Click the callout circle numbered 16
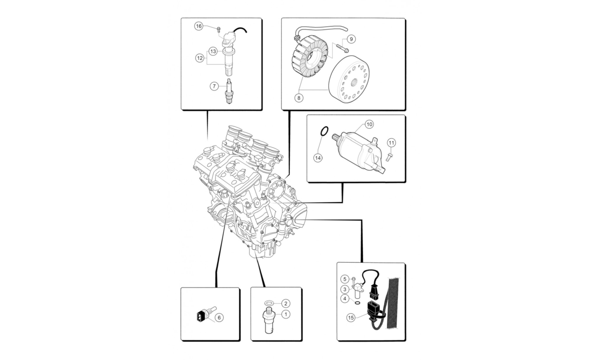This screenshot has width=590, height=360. (x=199, y=26)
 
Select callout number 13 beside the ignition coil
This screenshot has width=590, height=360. (x=213, y=51)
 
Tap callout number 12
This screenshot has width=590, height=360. (x=200, y=58)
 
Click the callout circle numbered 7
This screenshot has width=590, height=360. (x=214, y=86)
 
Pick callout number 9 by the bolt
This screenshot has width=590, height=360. (x=351, y=39)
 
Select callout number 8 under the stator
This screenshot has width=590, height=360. (x=299, y=98)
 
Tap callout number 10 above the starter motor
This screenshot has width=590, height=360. (x=369, y=124)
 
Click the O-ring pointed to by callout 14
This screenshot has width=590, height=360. (x=324, y=131)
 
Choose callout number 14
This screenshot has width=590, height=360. (x=318, y=158)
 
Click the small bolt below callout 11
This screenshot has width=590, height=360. (x=389, y=156)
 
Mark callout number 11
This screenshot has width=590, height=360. (x=391, y=143)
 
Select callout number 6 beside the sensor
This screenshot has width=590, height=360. (x=219, y=318)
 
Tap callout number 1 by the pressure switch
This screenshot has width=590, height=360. (x=286, y=314)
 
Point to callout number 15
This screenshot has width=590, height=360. (x=351, y=318)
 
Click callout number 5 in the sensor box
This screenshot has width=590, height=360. (x=345, y=279)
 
